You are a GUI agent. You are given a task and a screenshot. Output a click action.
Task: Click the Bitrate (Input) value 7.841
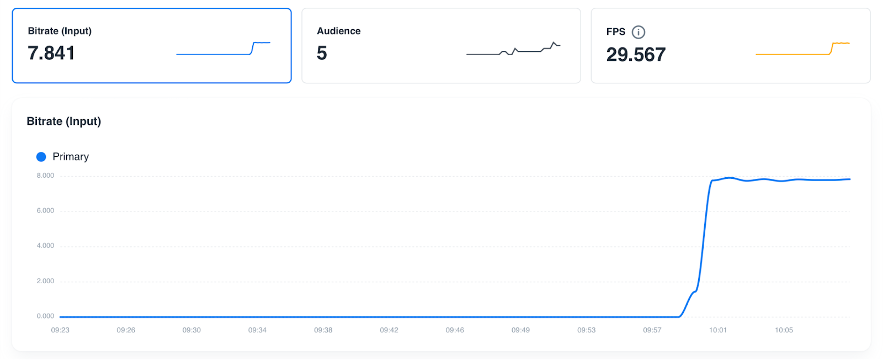51,53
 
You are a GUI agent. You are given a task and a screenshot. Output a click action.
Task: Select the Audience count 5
322,53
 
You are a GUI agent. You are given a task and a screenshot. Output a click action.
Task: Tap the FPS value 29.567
636,55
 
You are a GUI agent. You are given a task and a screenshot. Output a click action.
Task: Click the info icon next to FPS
639,32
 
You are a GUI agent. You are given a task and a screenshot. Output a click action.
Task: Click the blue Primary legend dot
41,157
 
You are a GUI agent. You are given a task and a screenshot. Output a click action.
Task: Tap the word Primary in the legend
71,157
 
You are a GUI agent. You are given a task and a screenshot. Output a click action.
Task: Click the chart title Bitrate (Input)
64,121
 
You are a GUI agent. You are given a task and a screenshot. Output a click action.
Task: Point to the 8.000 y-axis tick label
45,176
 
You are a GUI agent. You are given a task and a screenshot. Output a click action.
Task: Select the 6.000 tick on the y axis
45,210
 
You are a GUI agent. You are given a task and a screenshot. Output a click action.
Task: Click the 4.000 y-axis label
45,246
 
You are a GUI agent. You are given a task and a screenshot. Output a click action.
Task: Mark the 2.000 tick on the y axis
45,281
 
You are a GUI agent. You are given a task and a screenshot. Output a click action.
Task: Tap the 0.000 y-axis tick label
45,316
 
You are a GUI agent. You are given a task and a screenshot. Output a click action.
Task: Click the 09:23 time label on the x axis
60,330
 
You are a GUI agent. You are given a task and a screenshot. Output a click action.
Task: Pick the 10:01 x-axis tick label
718,330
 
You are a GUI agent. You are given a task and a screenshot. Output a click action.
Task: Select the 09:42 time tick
389,330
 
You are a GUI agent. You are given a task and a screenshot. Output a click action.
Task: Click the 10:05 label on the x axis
784,330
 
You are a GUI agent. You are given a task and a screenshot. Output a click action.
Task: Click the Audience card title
339,31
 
